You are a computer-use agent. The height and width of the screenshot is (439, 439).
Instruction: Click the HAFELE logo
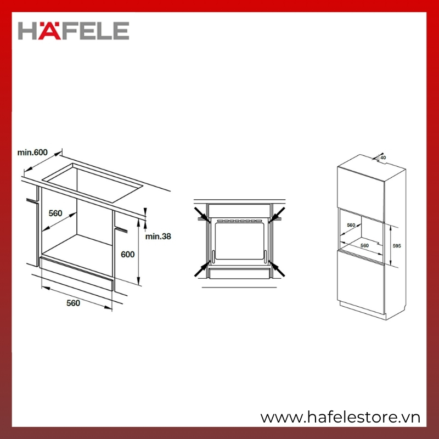coord(74,31)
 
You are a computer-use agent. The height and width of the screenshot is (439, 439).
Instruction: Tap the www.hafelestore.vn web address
coord(340,418)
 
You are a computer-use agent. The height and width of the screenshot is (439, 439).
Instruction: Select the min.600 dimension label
coord(32,153)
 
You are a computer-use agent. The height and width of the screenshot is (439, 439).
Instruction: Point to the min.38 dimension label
coord(158,237)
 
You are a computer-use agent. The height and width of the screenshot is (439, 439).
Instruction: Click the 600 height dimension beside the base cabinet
coord(128,255)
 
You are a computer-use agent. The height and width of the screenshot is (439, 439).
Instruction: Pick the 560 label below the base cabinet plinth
coord(73,303)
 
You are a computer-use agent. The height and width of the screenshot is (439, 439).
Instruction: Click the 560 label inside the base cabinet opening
coord(55,213)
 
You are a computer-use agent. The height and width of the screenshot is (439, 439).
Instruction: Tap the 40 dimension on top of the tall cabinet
coord(383,157)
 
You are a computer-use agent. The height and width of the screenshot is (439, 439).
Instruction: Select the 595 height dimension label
coord(397,246)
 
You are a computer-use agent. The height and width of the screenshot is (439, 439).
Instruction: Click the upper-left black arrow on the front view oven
coord(202,215)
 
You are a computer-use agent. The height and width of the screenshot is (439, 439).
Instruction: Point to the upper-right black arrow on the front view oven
coord(277,215)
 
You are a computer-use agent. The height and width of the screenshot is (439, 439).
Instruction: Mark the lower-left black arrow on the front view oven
coord(202,268)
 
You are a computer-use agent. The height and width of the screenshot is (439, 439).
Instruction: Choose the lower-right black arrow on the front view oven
coord(277,268)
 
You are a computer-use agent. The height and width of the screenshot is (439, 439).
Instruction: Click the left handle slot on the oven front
coord(213,257)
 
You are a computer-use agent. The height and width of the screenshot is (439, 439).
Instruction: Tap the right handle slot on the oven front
coord(265,257)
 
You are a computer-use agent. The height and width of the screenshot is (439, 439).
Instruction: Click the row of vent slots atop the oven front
coord(239,221)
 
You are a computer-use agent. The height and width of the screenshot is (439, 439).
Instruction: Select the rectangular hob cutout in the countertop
coord(92,183)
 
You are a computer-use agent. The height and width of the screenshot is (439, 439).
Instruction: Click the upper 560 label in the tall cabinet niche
coord(351,225)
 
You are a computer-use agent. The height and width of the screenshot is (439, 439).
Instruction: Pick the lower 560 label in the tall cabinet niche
coord(364,245)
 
